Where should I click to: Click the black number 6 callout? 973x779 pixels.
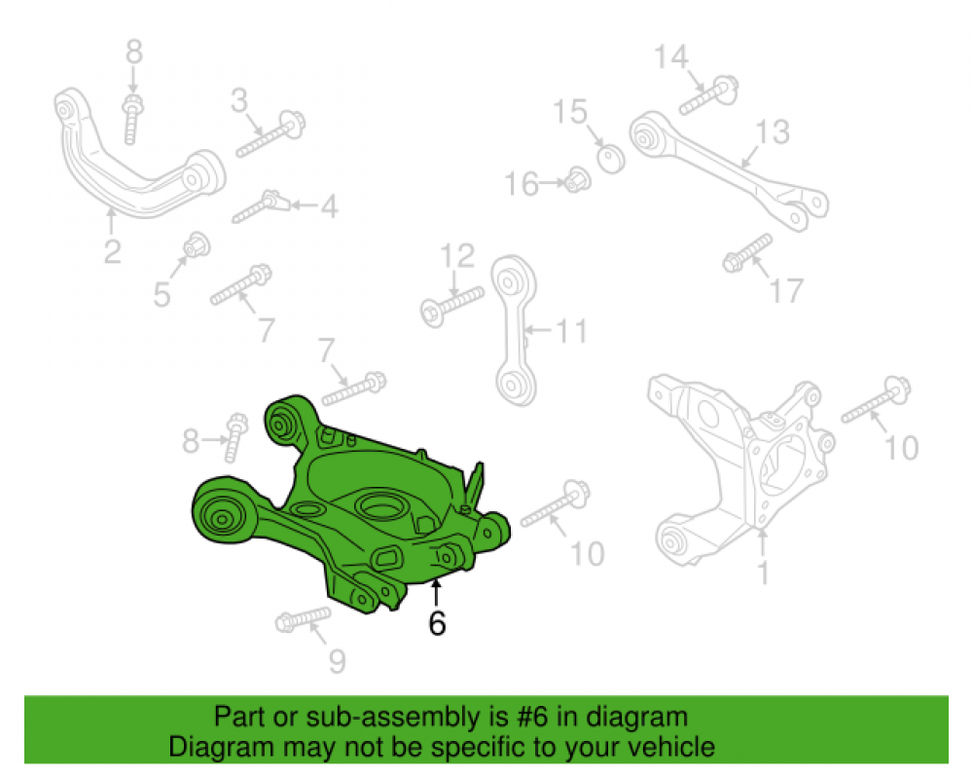[x=437, y=622]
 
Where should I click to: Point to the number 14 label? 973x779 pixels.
[x=670, y=57]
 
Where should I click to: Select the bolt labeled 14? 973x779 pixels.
[x=708, y=95]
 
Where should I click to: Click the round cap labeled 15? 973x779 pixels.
[x=611, y=159]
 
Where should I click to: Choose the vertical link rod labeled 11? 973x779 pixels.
[x=515, y=330]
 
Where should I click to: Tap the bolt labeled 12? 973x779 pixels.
[x=451, y=306]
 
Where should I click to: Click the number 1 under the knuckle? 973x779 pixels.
[x=763, y=573]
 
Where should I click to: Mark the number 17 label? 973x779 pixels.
[x=786, y=290]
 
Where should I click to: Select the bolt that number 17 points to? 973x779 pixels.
[x=747, y=253]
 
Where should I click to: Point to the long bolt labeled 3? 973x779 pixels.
[x=270, y=134]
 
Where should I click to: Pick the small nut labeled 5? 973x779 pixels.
[x=197, y=245]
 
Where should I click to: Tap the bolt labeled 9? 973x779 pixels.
[x=303, y=619]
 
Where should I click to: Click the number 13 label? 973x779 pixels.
[x=773, y=131]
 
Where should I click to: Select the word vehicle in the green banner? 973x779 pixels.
[x=675, y=746]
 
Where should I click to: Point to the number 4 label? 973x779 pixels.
[x=329, y=206]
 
